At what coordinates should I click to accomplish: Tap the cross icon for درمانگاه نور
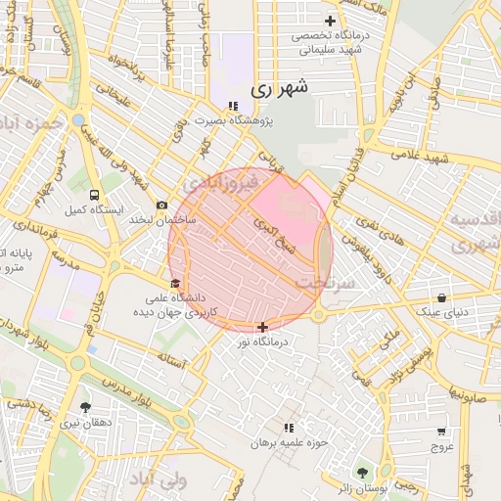pyautogui.click(x=262, y=327)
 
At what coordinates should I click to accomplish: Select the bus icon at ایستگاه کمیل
pyautogui.click(x=94, y=195)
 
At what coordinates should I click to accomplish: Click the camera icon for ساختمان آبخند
pyautogui.click(x=161, y=205)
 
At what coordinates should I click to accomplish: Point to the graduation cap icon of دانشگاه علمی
pyautogui.click(x=175, y=284)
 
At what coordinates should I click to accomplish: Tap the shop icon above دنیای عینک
pyautogui.click(x=442, y=297)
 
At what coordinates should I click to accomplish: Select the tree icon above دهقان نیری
pyautogui.click(x=85, y=407)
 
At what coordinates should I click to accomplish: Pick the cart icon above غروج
pyautogui.click(x=441, y=431)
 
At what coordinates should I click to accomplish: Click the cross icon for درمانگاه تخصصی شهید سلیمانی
pyautogui.click(x=330, y=21)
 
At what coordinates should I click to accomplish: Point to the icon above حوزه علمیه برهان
pyautogui.click(x=288, y=429)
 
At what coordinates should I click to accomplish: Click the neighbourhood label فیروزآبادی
pyautogui.click(x=221, y=183)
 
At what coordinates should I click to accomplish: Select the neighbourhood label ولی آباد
pyautogui.click(x=158, y=480)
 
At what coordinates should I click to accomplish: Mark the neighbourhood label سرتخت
pyautogui.click(x=322, y=282)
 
